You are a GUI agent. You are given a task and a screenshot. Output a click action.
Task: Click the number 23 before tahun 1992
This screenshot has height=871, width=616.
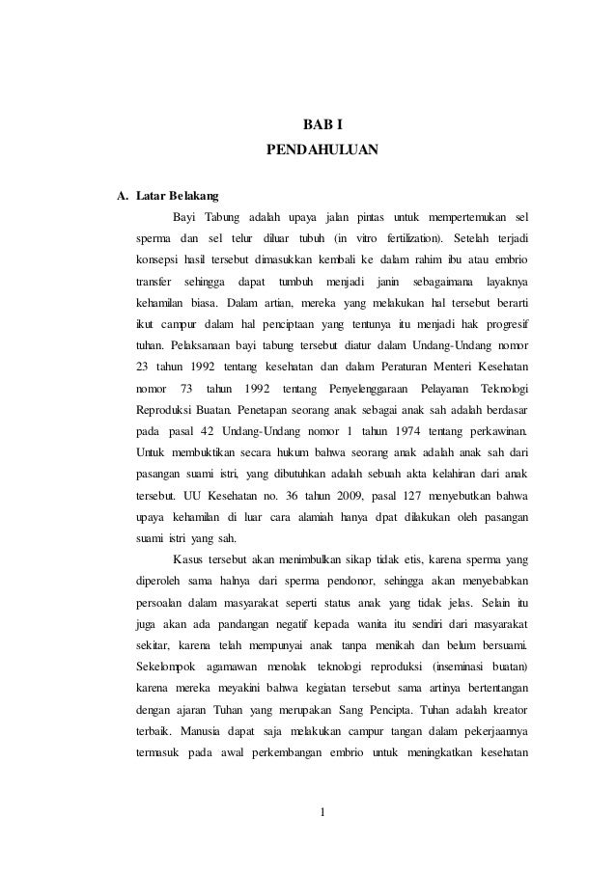point(143,365)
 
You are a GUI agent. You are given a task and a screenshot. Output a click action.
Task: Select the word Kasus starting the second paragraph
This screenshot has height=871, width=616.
point(188,558)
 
